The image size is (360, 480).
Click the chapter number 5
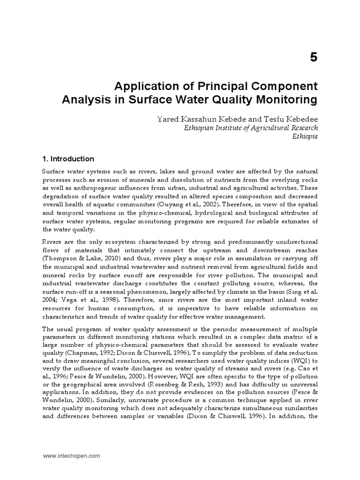313,57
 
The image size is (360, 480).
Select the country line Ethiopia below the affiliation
305,136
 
